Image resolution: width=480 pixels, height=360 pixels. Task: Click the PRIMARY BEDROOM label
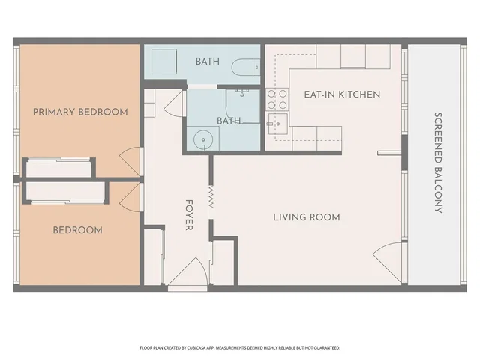[x=80, y=112]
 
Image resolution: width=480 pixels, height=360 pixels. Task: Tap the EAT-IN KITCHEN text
[x=342, y=94]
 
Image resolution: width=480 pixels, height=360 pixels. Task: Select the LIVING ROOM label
[x=307, y=217]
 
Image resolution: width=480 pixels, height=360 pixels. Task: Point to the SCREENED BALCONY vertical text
[x=438, y=163]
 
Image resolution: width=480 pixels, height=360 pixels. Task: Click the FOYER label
[x=189, y=215]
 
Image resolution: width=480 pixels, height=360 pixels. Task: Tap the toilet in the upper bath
[x=245, y=67]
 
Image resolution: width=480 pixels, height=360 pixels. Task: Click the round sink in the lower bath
[x=203, y=140]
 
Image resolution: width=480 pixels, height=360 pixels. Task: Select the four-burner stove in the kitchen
[x=277, y=99]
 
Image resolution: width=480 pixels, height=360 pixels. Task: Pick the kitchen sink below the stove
[x=277, y=124]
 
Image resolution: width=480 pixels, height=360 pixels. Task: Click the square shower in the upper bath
[x=164, y=61]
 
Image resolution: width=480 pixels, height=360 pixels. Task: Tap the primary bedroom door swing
[x=130, y=162]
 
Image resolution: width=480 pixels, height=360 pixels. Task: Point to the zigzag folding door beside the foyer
[x=211, y=196]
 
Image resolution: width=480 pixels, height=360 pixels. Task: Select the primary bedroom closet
[x=58, y=168]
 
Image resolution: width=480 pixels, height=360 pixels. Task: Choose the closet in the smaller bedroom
[x=65, y=193]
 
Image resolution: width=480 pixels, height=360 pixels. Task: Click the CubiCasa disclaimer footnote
[x=240, y=348]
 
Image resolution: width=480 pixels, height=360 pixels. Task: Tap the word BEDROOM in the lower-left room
[x=78, y=230]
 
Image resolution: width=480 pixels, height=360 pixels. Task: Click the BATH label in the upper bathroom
[x=208, y=61]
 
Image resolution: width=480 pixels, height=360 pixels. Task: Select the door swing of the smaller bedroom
[x=130, y=197]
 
